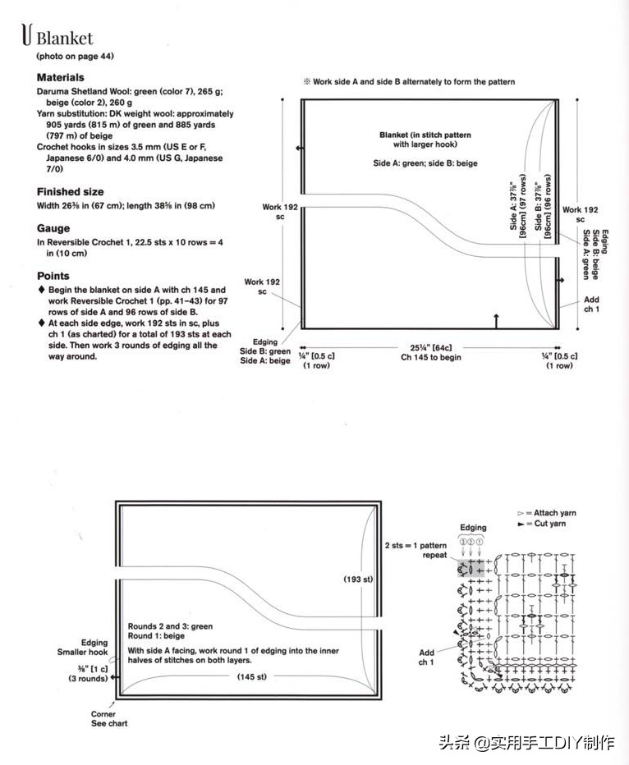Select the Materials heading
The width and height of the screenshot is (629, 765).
(60, 77)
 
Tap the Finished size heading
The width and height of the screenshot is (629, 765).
(70, 191)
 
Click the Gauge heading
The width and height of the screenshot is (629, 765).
(53, 228)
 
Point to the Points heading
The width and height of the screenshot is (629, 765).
(53, 276)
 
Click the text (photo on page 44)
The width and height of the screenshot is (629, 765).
(75, 57)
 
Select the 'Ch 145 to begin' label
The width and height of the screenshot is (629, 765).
(431, 357)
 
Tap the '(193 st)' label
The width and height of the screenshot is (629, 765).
(357, 579)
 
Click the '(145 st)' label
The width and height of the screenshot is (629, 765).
(250, 676)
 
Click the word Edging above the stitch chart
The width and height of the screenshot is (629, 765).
(473, 528)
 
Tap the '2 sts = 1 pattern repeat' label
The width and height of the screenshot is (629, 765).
(416, 550)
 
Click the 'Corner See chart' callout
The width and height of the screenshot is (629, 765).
(108, 718)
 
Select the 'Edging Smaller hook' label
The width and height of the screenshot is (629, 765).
(94, 648)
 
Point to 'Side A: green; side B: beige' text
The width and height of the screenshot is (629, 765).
(425, 163)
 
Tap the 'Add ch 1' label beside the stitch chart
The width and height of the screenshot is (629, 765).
(425, 657)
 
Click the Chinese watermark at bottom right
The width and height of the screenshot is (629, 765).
(526, 744)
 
